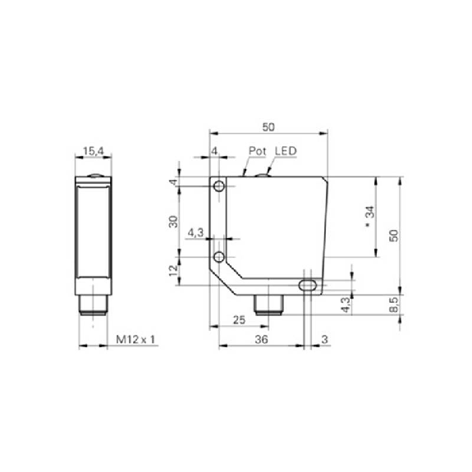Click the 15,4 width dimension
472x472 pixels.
94,151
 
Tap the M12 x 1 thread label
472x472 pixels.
135,340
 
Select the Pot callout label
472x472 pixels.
258,151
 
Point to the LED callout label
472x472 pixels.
286,151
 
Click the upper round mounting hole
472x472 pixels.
219,186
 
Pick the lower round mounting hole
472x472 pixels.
219,257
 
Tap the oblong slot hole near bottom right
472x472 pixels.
307,285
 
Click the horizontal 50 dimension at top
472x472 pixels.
268,127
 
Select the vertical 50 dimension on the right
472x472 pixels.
393,236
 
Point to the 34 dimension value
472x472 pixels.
370,212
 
